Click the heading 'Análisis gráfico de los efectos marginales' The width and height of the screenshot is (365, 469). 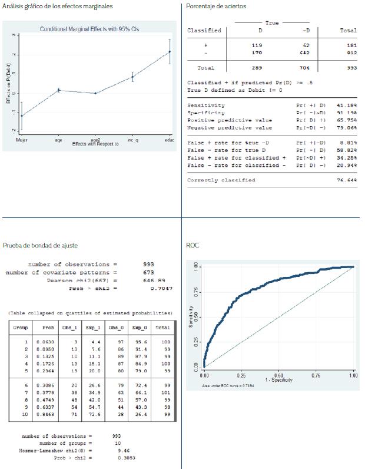pyautogui.click(x=58, y=6)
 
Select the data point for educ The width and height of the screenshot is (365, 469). pyautogui.click(x=170, y=52)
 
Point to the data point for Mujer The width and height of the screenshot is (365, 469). pyautogui.click(x=21, y=115)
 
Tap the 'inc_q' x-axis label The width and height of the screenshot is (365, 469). pyautogui.click(x=132, y=141)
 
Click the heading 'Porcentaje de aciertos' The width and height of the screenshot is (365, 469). pyautogui.click(x=216, y=6)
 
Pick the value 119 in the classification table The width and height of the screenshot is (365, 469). pyautogui.click(x=257, y=45)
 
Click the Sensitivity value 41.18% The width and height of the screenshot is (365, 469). pyautogui.click(x=344, y=105)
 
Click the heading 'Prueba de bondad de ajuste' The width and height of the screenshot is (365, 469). pyautogui.click(x=40, y=245)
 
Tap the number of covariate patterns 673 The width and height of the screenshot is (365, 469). pyautogui.click(x=149, y=273)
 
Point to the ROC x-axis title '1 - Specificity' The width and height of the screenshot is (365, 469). pyautogui.click(x=278, y=380)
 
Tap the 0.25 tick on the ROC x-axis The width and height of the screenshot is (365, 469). pyautogui.click(x=241, y=375)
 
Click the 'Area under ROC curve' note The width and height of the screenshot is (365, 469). pyautogui.click(x=228, y=385)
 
